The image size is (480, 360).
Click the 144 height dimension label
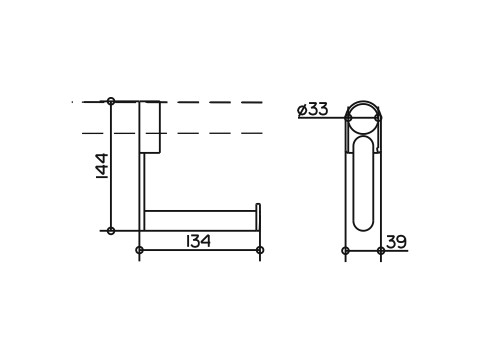pos(102,166)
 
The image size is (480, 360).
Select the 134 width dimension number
pos(198,241)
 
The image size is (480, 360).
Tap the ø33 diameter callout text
pos(312,109)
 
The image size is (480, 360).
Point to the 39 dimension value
pos(396,242)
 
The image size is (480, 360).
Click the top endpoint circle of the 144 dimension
pos(111,101)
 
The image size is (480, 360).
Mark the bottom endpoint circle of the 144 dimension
pos(111,230)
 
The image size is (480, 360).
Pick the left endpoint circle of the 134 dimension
pos(140,250)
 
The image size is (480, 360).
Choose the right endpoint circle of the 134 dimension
pos(260,250)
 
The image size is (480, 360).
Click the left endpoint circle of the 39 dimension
pos(346,251)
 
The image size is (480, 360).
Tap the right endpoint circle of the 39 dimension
pos(381,251)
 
